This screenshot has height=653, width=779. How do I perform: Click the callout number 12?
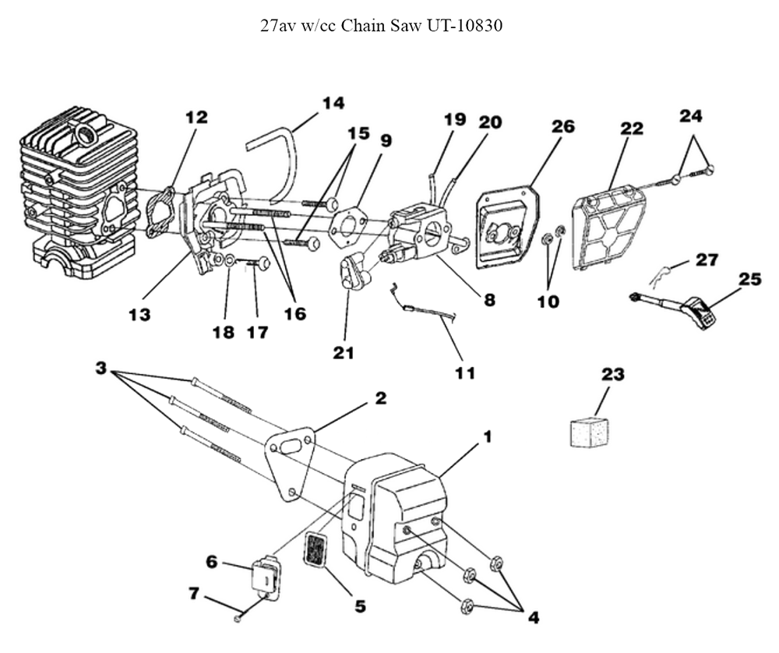coord(196,117)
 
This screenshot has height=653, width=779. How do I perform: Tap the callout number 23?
coord(613,375)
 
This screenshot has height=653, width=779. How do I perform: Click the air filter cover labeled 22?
coord(612,228)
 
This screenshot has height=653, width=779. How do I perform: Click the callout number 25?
coord(749,279)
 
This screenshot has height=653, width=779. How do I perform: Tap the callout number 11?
coord(465,373)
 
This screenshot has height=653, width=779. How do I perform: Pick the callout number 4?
coord(533,618)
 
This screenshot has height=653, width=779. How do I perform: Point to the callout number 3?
coord(101,368)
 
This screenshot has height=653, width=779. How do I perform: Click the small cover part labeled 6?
coord(266,577)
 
